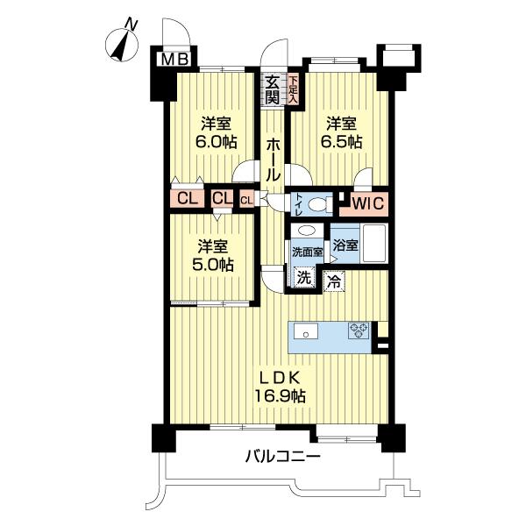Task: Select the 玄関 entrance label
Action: click(x=273, y=89)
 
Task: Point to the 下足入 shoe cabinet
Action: click(x=294, y=89)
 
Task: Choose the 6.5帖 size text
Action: click(x=341, y=143)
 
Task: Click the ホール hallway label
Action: click(x=274, y=159)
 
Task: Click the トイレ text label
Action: click(x=298, y=203)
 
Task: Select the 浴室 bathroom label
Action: click(x=345, y=245)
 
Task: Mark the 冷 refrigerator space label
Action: click(x=334, y=282)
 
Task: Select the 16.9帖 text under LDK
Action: click(x=281, y=396)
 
